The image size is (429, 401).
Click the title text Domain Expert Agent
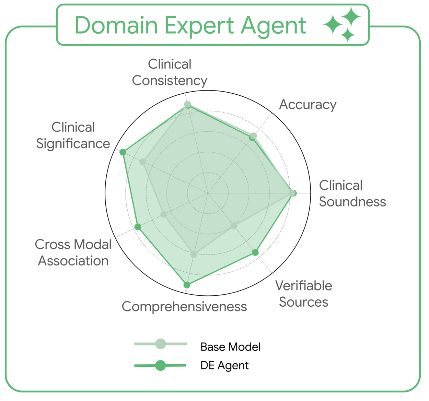[190, 25]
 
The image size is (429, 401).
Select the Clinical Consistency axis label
[170, 72]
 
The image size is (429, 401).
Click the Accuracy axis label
[308, 104]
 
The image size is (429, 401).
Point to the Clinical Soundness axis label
[352, 193]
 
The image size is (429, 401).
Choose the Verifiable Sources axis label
[304, 294]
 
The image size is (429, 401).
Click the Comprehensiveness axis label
[184, 306]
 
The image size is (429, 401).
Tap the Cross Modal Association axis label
[73, 252]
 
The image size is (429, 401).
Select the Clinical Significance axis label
[73, 135]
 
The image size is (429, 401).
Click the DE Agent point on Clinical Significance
[123, 152]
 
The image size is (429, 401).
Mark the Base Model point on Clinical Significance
[143, 162]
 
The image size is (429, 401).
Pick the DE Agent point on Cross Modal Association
[138, 227]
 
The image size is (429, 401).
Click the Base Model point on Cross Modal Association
[164, 214]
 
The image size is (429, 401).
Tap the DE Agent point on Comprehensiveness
[187, 285]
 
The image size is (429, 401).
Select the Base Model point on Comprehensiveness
[194, 254]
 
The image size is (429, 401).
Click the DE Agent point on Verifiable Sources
[255, 252]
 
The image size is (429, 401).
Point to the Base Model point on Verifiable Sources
[234, 226]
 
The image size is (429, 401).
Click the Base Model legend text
[230, 347]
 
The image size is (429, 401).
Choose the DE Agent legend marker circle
[161, 365]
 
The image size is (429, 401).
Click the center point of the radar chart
[208, 193]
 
